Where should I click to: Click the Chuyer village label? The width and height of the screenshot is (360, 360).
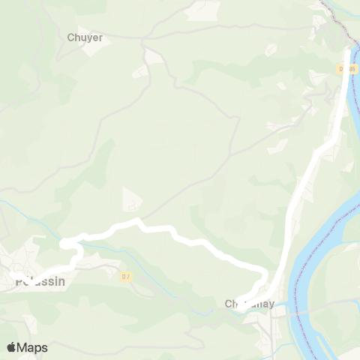pos(85,37)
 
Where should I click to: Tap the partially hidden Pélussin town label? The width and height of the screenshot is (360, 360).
pos(40,282)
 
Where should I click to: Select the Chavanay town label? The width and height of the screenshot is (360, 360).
pos(250,304)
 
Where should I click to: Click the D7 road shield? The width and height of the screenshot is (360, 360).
pos(126,276)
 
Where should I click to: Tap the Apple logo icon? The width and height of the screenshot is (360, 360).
pos(12,347)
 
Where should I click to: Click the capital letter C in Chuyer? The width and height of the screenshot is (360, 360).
pos(70,37)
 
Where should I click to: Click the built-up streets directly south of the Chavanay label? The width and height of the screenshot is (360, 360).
pos(262,326)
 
